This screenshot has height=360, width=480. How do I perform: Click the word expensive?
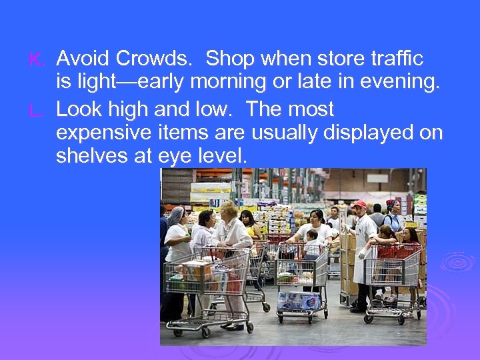coord(101,133)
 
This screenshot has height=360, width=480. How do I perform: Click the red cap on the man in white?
coord(360,203)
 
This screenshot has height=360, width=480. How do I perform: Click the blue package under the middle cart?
coord(299,301)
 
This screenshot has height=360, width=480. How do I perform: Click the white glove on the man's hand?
coord(363,254)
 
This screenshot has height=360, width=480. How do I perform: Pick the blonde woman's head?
coord(229,211)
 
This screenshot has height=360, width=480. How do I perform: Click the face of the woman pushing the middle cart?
coord(316,217)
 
